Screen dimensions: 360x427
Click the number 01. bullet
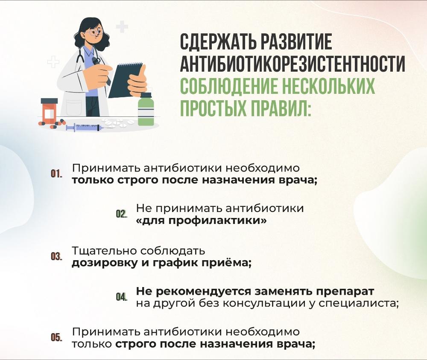click(x=56, y=174)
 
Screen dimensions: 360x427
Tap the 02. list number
click(x=121, y=214)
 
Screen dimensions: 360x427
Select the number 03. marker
click(x=56, y=257)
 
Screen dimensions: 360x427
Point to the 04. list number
click(x=121, y=297)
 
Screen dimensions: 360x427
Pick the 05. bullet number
click(x=56, y=337)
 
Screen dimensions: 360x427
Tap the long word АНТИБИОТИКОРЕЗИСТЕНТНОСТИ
click(x=292, y=64)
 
